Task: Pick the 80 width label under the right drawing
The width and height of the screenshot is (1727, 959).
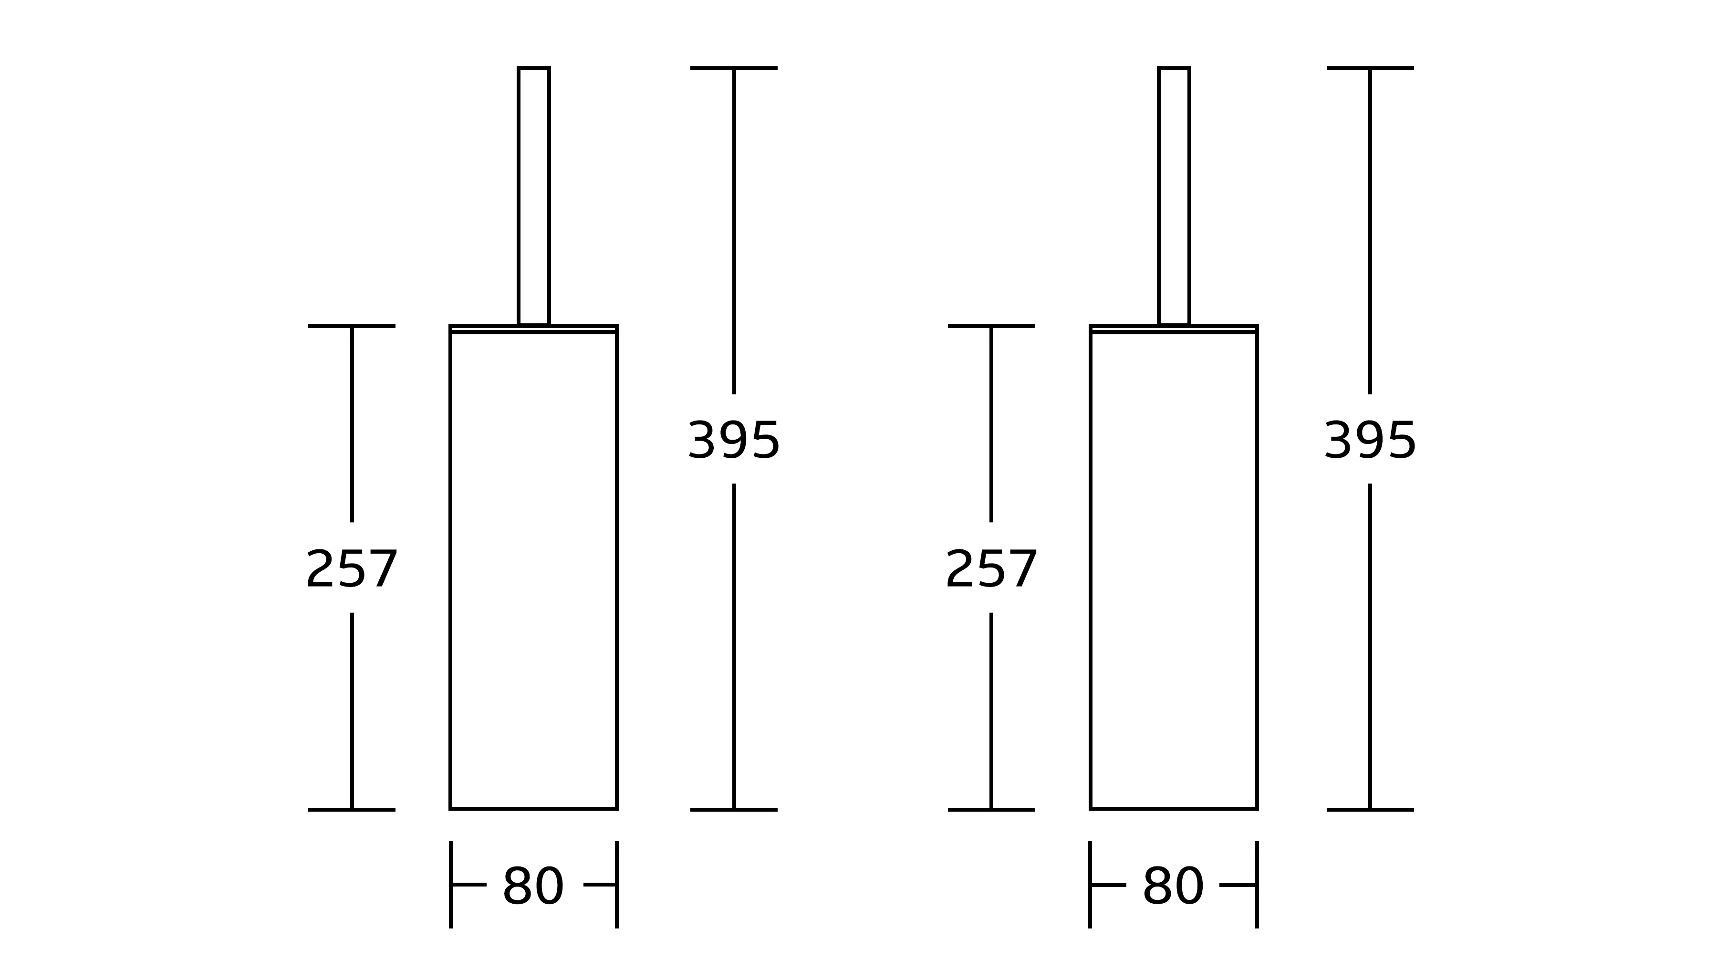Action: (1173, 886)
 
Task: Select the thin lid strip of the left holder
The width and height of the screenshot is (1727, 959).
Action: (534, 329)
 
